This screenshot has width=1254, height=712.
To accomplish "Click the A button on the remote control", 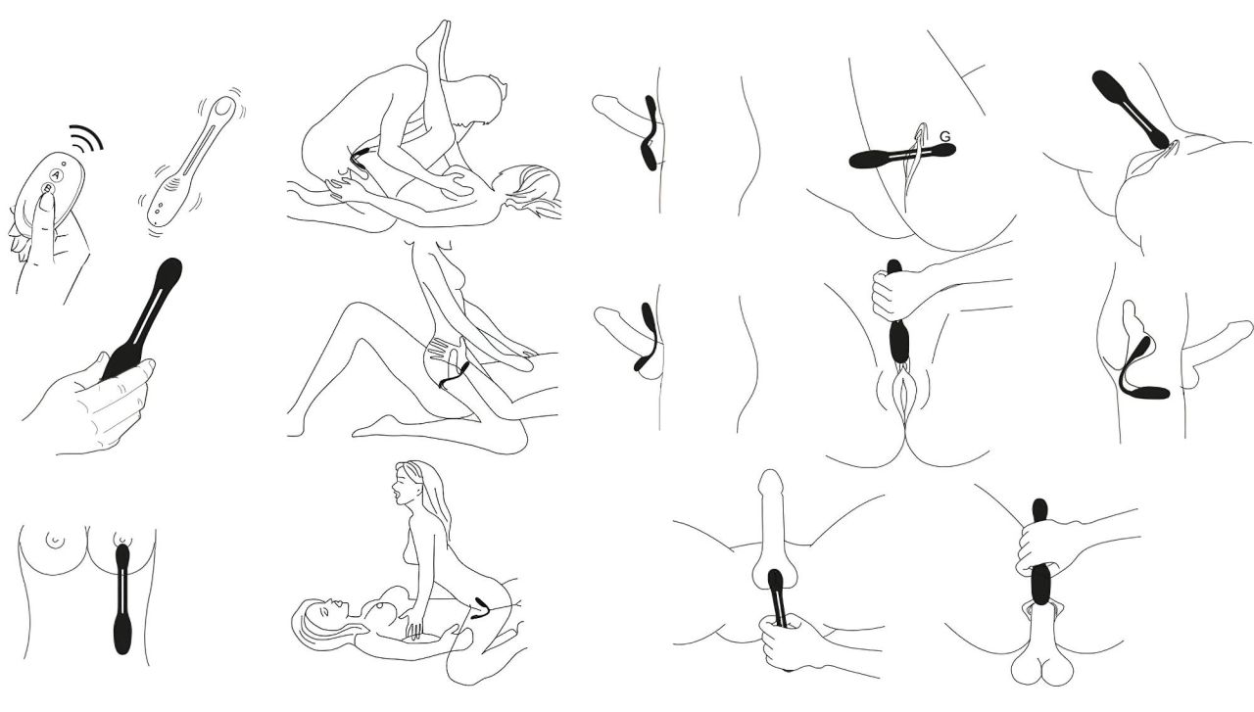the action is pos(57,175).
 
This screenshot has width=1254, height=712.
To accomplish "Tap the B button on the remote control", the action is pos(48,189).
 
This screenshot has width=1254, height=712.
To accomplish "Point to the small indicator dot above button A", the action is pos(65,164).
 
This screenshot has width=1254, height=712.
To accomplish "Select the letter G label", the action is pos(945,136).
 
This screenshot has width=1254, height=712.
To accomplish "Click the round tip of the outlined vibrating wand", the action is pos(225,107).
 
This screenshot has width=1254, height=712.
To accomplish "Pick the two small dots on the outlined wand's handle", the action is pos(160,209).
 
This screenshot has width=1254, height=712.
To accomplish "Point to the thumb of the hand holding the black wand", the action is pos(94,368).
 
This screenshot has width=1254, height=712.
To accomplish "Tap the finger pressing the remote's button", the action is pos(44,224).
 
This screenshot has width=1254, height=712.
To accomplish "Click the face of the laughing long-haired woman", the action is pos(402,488).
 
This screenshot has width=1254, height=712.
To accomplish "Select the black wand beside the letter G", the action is pos(901,156).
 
